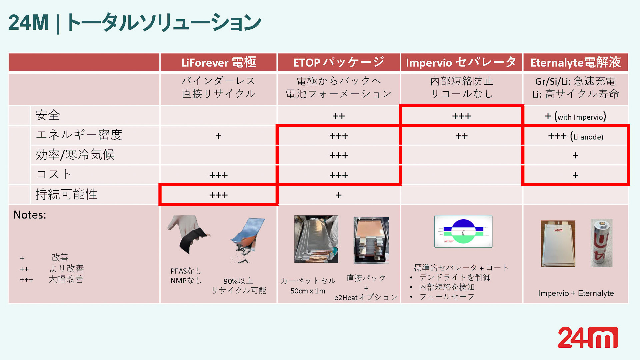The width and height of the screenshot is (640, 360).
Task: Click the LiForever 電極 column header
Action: [x=218, y=62]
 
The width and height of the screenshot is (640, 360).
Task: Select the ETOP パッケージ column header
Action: [x=338, y=62]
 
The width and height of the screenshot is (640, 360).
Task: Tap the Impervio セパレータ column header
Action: [x=461, y=62]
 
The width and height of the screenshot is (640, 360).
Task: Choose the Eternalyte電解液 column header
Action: [x=576, y=62]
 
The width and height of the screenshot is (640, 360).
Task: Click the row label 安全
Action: [x=48, y=115]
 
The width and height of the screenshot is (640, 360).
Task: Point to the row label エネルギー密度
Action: [x=79, y=135]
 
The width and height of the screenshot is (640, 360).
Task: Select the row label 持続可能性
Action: [x=66, y=194]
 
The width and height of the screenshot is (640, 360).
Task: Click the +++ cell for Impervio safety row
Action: [x=461, y=116]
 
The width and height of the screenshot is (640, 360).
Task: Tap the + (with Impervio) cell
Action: [x=575, y=116]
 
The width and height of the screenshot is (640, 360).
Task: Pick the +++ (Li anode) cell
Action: [x=575, y=136]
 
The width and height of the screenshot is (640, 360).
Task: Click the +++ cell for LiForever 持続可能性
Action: [x=218, y=195]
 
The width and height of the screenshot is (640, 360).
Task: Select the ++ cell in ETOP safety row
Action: [x=338, y=116]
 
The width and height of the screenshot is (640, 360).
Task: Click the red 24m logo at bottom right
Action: [x=588, y=337]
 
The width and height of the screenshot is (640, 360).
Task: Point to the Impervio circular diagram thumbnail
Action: [x=463, y=231]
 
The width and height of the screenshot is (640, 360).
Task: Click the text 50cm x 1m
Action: [x=308, y=291]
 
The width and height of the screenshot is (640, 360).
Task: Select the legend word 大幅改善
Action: [x=66, y=279]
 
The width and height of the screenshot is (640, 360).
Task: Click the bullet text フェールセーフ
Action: [x=447, y=297]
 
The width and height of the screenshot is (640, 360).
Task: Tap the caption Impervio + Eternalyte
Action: [x=576, y=293]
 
